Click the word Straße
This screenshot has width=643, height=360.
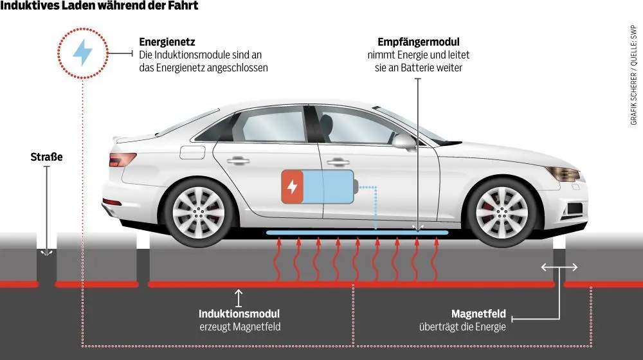46,157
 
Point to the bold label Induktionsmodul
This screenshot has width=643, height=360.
239,314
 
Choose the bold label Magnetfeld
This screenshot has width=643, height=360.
478,314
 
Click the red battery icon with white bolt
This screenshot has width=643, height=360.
293,187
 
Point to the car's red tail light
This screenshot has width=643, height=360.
122,159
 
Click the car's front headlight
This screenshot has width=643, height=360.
563,174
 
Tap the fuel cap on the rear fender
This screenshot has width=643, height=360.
191,152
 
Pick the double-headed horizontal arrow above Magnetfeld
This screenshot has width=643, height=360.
559,267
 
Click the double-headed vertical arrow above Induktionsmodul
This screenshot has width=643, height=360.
239,298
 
